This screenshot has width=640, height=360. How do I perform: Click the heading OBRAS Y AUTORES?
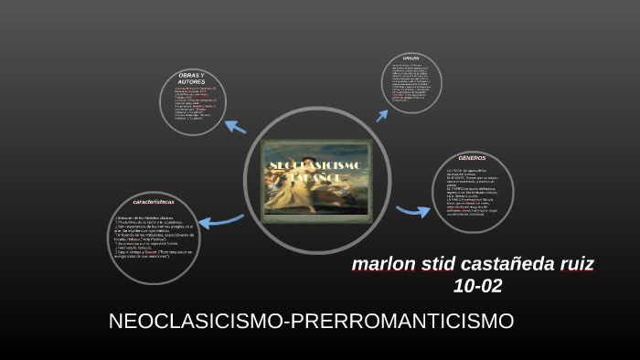coord(191,78)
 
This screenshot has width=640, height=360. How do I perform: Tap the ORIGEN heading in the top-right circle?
coord(411,58)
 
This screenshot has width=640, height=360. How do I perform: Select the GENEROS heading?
coord(472,157)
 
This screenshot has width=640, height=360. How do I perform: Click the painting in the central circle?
coord(315,181)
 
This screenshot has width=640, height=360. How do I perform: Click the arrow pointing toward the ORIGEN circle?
coord(382,114)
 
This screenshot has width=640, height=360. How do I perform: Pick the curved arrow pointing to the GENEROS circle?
coord(413,211)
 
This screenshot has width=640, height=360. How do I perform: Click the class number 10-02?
coord(477,286)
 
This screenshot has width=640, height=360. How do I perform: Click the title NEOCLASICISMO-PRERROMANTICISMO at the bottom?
coord(311,322)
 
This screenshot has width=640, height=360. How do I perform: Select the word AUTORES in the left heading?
coord(191,81)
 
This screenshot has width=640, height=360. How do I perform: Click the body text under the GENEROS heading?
coord(472,193)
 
